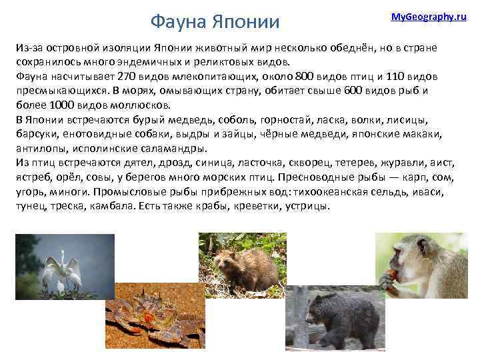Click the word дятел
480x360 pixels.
[133, 162]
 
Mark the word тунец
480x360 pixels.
[31, 205]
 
